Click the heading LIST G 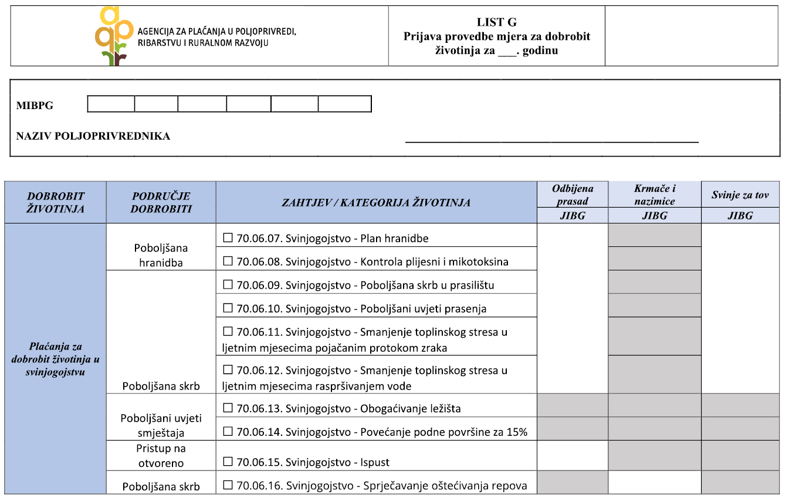pyautogui.click(x=496, y=22)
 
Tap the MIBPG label pyautogui.click(x=35, y=106)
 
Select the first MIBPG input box pyautogui.click(x=111, y=104)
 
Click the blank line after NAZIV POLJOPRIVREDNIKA pyautogui.click(x=551, y=140)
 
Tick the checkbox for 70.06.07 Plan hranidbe pyautogui.click(x=228, y=238)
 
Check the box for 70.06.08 pyautogui.click(x=228, y=262)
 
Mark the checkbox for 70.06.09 pyautogui.click(x=228, y=285)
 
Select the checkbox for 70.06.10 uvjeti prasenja pyautogui.click(x=228, y=309)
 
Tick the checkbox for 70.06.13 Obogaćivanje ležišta pyautogui.click(x=228, y=408)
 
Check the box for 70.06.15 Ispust pyautogui.click(x=228, y=462)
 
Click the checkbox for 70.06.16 pyautogui.click(x=228, y=485)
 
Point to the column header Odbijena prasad pyautogui.click(x=573, y=195)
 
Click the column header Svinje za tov pyautogui.click(x=740, y=195)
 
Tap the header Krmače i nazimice pyautogui.click(x=655, y=195)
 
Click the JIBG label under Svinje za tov pyautogui.click(x=740, y=216)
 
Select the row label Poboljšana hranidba pyautogui.click(x=161, y=255)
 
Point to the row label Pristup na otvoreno pyautogui.click(x=161, y=456)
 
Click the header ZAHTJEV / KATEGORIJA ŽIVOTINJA pyautogui.click(x=376, y=202)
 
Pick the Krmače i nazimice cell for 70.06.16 pyautogui.click(x=655, y=483)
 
